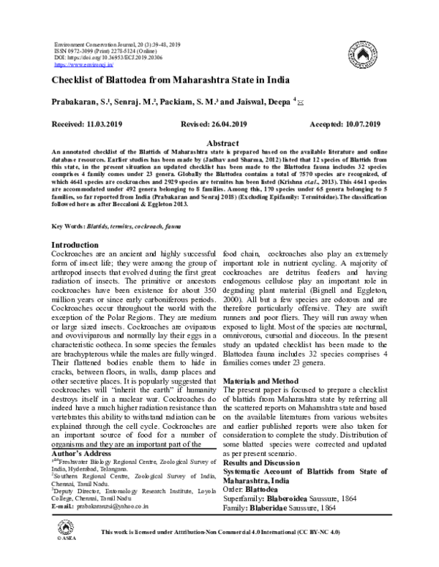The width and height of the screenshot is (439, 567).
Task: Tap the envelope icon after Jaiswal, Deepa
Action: click(301, 104)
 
